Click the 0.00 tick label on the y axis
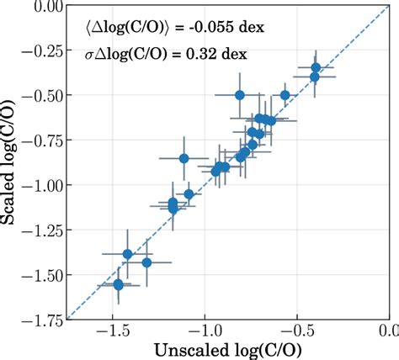click(x=43, y=7)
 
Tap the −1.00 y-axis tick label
click(x=39, y=185)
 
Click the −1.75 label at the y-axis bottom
click(x=39, y=319)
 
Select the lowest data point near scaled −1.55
click(x=119, y=285)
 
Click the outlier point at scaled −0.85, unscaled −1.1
click(x=184, y=158)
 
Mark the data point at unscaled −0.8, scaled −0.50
click(x=241, y=95)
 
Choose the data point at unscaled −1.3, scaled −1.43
click(x=147, y=262)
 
